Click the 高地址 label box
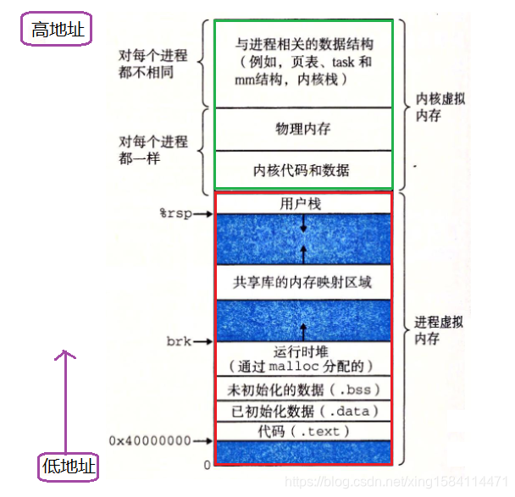(57, 31)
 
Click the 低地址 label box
(69, 466)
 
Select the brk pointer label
(179, 342)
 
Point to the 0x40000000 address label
(149, 440)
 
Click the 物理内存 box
(302, 129)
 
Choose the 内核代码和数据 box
(302, 170)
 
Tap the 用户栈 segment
(302, 204)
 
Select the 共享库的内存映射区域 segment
(302, 283)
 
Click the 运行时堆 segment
(302, 358)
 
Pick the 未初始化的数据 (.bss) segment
(302, 389)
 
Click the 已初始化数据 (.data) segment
(302, 411)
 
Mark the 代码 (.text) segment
(302, 431)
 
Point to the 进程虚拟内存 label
(440, 330)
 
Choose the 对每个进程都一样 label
(153, 149)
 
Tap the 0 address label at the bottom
(206, 465)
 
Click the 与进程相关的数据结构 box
(302, 61)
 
